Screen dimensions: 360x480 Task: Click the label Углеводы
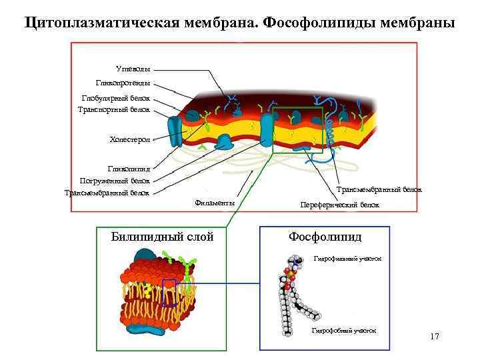[x=133, y=69]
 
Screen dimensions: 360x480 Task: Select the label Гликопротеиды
[x=123, y=83]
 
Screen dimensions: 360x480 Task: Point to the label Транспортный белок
[x=114, y=109]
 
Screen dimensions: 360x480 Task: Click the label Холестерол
[x=130, y=139]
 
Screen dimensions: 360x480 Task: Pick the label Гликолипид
[x=129, y=169]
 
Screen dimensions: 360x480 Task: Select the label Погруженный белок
[x=115, y=181]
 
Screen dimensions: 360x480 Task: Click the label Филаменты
[x=215, y=203]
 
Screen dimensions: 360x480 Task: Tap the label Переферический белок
[x=340, y=205]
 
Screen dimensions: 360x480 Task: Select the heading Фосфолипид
[x=325, y=237]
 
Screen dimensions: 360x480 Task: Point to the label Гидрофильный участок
[x=347, y=257]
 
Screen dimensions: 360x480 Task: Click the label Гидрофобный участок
[x=344, y=331]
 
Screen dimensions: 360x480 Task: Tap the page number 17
[x=435, y=337]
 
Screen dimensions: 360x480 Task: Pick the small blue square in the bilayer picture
[x=169, y=292]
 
